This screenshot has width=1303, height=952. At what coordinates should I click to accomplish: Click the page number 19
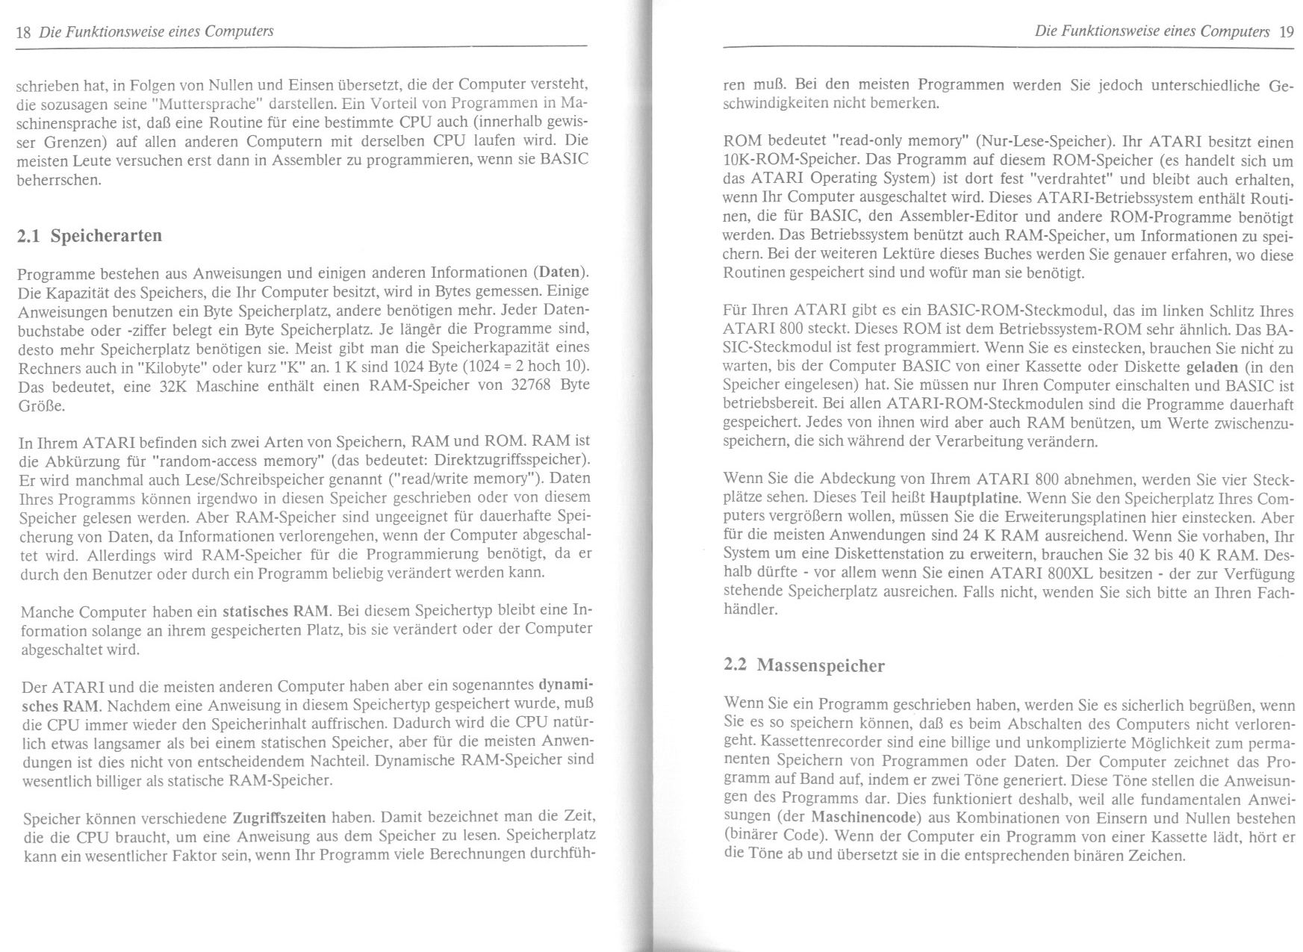1286,31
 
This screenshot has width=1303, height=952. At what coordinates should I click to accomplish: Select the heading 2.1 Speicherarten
89,236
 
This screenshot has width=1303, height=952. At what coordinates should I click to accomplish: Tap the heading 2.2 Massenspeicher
804,665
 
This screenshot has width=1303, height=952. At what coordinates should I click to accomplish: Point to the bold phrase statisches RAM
275,611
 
